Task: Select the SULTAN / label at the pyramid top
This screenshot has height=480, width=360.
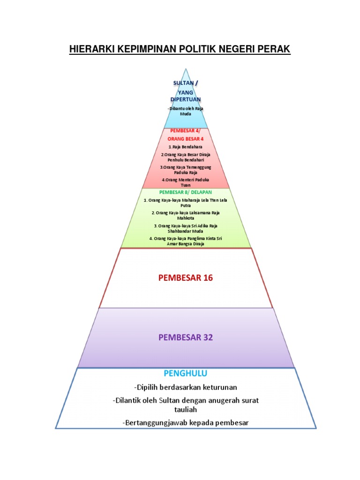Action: click(x=186, y=83)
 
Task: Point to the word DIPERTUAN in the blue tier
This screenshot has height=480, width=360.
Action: click(x=186, y=99)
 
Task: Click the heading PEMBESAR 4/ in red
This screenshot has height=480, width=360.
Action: click(x=186, y=131)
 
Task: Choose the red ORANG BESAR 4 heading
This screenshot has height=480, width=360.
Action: click(x=186, y=139)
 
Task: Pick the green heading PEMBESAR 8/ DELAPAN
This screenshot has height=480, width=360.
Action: click(x=186, y=192)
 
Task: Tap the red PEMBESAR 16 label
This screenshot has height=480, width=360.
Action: click(x=186, y=277)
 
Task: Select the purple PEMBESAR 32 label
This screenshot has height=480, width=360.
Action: click(x=186, y=337)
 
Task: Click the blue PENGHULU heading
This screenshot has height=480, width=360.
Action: click(x=186, y=374)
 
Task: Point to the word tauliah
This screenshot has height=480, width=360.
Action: click(x=186, y=409)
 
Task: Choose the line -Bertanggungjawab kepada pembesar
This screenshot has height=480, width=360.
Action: click(x=186, y=423)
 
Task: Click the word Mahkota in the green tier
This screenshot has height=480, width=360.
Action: click(x=186, y=218)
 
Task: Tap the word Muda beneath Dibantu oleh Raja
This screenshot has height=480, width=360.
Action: click(x=186, y=114)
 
